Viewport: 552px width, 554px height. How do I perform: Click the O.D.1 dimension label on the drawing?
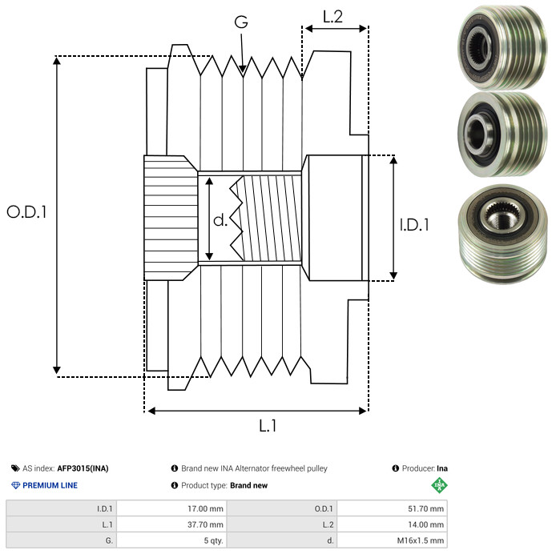click(26, 212)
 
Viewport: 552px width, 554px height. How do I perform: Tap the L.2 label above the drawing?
click(332, 17)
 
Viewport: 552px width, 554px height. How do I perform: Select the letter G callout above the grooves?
click(241, 22)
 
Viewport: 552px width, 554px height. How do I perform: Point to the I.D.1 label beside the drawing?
click(414, 225)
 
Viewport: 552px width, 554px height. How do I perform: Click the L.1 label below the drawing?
click(268, 426)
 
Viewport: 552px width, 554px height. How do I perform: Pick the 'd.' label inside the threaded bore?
click(220, 220)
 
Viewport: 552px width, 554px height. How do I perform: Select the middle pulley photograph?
click(502, 134)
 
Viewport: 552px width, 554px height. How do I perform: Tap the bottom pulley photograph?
click(502, 234)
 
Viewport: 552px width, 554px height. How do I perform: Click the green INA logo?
click(439, 485)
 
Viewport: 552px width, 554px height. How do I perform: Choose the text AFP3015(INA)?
click(83, 468)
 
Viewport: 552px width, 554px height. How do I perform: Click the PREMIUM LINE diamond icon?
click(15, 485)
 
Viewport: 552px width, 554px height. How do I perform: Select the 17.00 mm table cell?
click(172, 509)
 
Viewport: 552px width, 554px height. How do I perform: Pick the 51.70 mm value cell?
click(392, 509)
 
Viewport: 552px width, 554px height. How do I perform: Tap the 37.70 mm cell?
click(172, 524)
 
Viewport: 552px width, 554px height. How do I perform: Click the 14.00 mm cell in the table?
click(392, 524)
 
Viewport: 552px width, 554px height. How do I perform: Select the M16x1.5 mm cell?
click(392, 540)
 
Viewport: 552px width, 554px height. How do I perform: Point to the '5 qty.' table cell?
click(172, 540)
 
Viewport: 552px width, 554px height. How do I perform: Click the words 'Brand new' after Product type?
click(248, 485)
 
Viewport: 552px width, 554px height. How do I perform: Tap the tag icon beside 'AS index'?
click(15, 468)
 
